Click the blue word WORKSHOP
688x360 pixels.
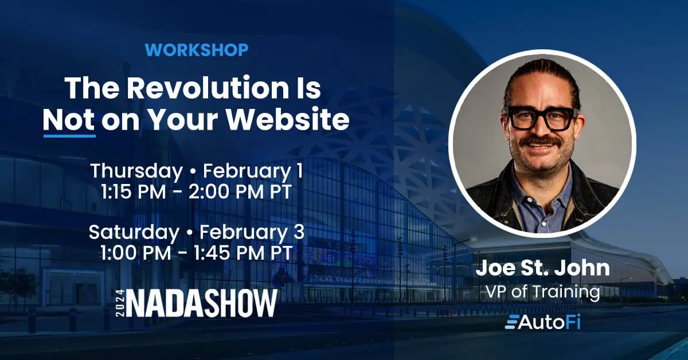tap(197, 50)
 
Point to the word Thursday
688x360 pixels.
tap(136, 171)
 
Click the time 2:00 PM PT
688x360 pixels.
tap(240, 193)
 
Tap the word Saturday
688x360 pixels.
tap(134, 233)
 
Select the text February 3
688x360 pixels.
tap(252, 233)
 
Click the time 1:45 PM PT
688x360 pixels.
tap(243, 253)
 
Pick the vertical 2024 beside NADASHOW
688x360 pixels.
tap(120, 303)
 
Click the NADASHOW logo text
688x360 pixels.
tap(202, 303)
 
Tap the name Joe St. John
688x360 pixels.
tap(542, 268)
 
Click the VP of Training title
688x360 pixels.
tap(542, 292)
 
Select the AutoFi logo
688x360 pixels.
tap(542, 322)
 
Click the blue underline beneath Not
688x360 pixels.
tap(69, 135)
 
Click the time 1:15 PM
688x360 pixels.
tap(133, 193)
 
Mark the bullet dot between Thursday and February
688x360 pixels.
tap(193, 172)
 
